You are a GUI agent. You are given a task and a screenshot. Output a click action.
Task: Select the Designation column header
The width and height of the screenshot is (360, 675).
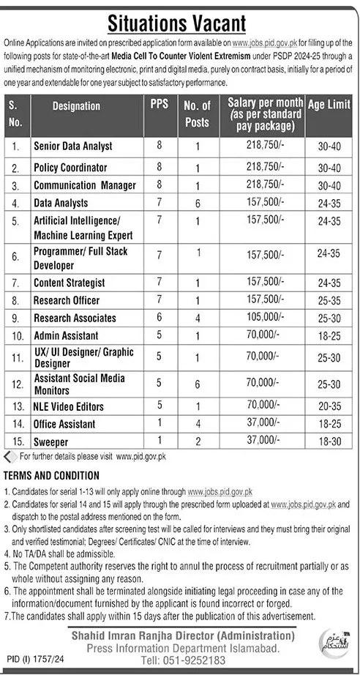(x=76, y=106)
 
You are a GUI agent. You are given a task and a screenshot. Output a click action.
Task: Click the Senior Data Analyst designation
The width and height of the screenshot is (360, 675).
(x=72, y=147)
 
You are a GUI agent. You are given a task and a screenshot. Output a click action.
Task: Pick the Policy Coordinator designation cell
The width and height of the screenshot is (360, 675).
(x=70, y=168)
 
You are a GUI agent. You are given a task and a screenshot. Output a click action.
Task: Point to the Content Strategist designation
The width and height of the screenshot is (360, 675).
(x=69, y=283)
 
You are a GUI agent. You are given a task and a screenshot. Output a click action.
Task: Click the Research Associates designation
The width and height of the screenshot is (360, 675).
(x=75, y=318)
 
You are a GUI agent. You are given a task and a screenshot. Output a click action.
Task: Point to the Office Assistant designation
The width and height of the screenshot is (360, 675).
(x=64, y=424)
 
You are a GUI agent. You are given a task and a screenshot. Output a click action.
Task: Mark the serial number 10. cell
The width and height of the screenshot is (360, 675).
(x=15, y=335)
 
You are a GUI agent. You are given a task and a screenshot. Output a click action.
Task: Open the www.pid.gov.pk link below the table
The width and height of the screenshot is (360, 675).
(x=141, y=456)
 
